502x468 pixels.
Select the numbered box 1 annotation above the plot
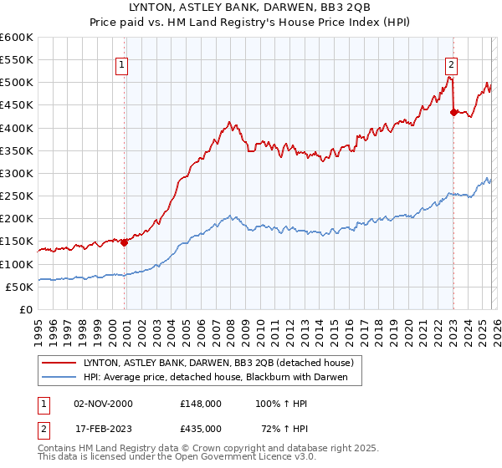click(x=121, y=64)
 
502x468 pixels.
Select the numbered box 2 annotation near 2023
click(x=451, y=64)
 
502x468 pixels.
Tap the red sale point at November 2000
click(x=125, y=242)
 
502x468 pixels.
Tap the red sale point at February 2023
click(x=453, y=112)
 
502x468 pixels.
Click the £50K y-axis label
click(x=19, y=287)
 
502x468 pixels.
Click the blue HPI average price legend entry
click(x=221, y=378)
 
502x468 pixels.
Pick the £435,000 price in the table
click(x=200, y=428)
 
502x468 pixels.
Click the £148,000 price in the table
click(x=200, y=403)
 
